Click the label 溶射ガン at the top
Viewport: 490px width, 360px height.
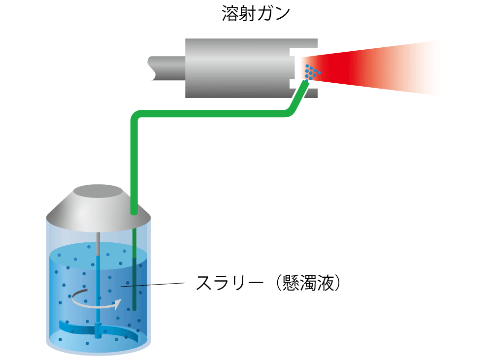[x=255, y=14]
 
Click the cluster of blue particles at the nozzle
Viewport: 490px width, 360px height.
[x=311, y=72]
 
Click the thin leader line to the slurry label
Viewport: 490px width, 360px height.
[x=158, y=284]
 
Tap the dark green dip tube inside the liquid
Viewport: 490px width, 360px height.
[x=134, y=286]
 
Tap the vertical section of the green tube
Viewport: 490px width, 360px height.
[x=133, y=163]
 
